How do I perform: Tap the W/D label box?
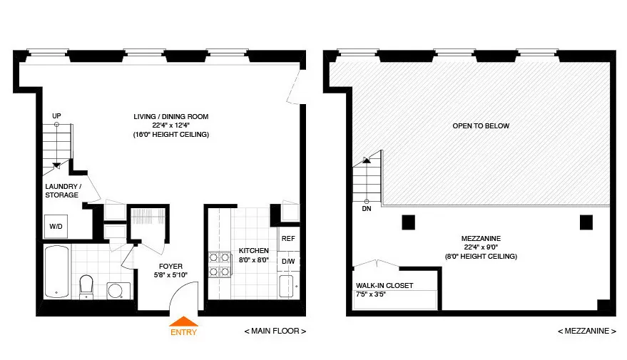coord(56,226)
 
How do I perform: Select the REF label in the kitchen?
coord(288,239)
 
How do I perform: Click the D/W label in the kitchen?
coord(288,261)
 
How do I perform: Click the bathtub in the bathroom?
coord(56,271)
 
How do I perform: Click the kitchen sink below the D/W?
coord(287,287)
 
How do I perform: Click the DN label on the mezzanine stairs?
coord(367,210)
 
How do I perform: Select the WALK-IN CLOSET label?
coord(384,286)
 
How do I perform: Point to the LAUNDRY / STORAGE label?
coord(63,190)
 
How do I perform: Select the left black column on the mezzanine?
coord(408,222)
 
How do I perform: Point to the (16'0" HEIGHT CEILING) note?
coord(170,135)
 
